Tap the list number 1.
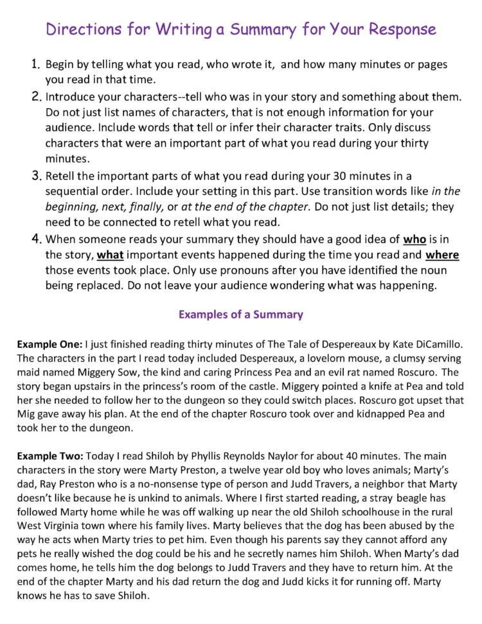point(36,65)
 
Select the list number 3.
point(36,176)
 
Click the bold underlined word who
point(415,239)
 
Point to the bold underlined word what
point(110,255)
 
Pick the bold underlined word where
point(442,255)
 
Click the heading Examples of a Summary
point(240,315)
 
